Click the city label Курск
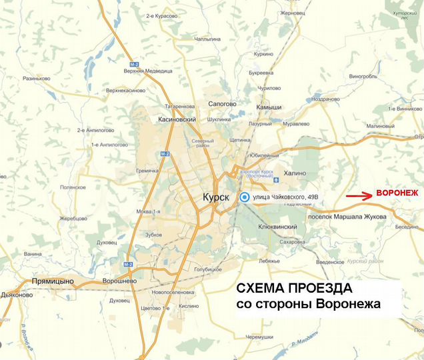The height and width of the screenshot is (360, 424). tap(215, 198)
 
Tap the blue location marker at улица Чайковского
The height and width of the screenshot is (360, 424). tap(245, 197)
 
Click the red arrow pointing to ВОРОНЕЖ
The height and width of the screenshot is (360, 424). tap(359, 196)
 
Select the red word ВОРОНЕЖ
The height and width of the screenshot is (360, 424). tap(397, 193)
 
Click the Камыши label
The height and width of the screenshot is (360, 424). tap(270, 107)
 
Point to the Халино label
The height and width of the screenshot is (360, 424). tap(294, 173)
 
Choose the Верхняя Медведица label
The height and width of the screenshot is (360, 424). tap(148, 70)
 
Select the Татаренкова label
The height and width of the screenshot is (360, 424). tap(181, 107)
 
